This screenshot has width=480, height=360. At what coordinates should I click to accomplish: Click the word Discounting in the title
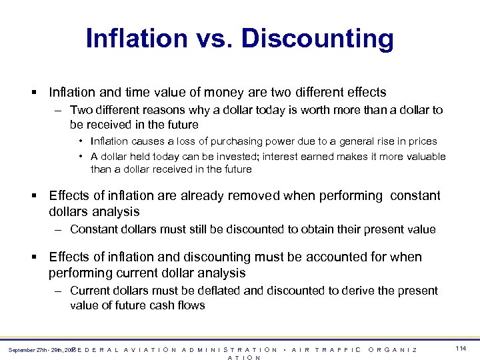tap(317, 39)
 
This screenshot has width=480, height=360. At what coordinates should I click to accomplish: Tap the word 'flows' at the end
tap(191, 305)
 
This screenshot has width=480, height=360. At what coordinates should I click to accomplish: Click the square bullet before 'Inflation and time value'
tap(41, 93)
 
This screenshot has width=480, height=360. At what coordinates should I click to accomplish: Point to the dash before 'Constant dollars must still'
tap(59, 229)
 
